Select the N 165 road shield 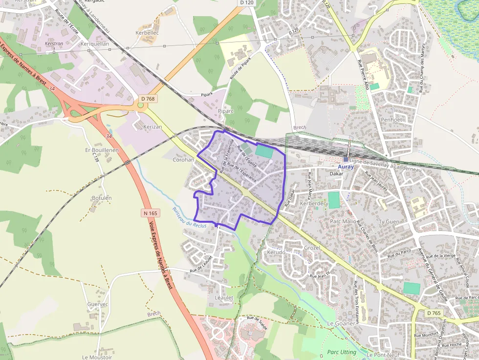click(x=151, y=213)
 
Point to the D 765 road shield click(x=434, y=313)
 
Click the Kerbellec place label click(x=147, y=33)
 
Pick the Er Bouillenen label click(x=102, y=150)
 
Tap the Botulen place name click(x=102, y=198)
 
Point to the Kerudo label click(x=276, y=252)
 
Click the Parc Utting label click(x=342, y=352)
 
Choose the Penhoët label click(x=391, y=119)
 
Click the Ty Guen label click(x=389, y=222)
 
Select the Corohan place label click(x=184, y=160)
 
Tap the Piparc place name click(x=226, y=111)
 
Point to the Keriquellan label click(x=94, y=43)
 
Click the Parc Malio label click(x=343, y=221)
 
